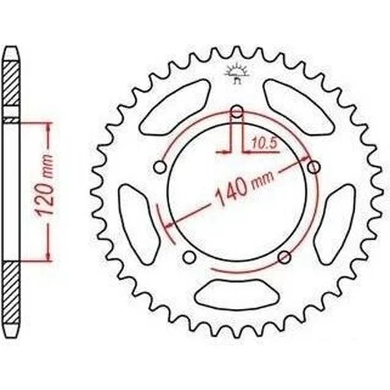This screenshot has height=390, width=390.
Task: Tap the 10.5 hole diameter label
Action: coord(264,144)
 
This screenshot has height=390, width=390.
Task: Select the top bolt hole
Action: coord(236,112)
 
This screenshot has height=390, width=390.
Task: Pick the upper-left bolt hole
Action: coord(160,167)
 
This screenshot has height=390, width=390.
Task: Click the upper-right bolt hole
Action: coord(314,167)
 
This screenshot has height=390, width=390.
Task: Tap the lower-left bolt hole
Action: coord(189,257)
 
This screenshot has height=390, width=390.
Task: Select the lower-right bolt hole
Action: coord(284,257)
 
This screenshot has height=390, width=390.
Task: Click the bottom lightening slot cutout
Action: coord(236,294)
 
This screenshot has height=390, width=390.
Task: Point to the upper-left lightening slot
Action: coord(175,107)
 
